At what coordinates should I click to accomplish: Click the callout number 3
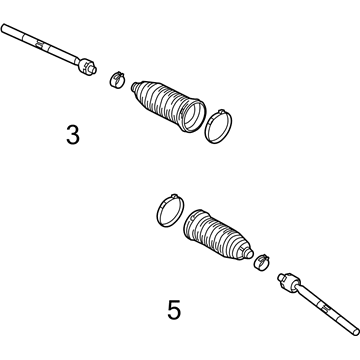tap(73, 135)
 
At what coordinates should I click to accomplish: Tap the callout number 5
tap(174, 310)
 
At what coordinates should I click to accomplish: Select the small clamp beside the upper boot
tap(117, 79)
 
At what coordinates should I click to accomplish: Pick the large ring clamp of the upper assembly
tap(218, 127)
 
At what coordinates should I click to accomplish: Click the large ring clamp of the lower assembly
tap(170, 211)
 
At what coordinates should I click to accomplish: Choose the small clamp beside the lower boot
tap(262, 261)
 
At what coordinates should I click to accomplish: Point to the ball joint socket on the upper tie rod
tap(85, 66)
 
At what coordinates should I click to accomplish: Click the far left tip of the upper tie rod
tap(3, 27)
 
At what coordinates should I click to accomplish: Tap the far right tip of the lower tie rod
tap(357, 332)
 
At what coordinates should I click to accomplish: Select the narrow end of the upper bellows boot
tap(134, 87)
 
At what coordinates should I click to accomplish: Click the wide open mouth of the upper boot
tap(193, 115)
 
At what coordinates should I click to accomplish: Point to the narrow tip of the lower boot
tap(249, 253)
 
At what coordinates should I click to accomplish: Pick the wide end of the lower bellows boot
tap(193, 226)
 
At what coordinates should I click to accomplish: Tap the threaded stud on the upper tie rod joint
tap(93, 69)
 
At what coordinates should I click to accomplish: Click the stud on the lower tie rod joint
tap(281, 277)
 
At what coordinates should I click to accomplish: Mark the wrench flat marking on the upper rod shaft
tap(39, 44)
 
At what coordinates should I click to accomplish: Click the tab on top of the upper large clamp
tap(221, 111)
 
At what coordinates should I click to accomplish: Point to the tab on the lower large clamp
tap(173, 196)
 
